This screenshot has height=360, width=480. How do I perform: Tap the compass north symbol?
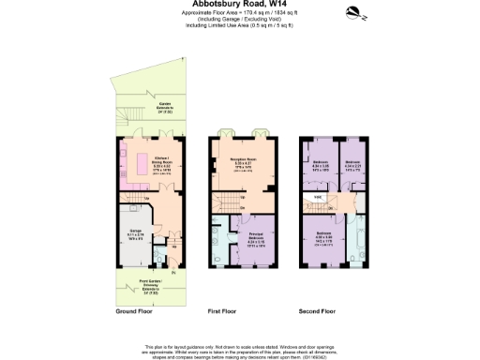[355, 12]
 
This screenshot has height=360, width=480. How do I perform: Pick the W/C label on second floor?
[319, 198]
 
